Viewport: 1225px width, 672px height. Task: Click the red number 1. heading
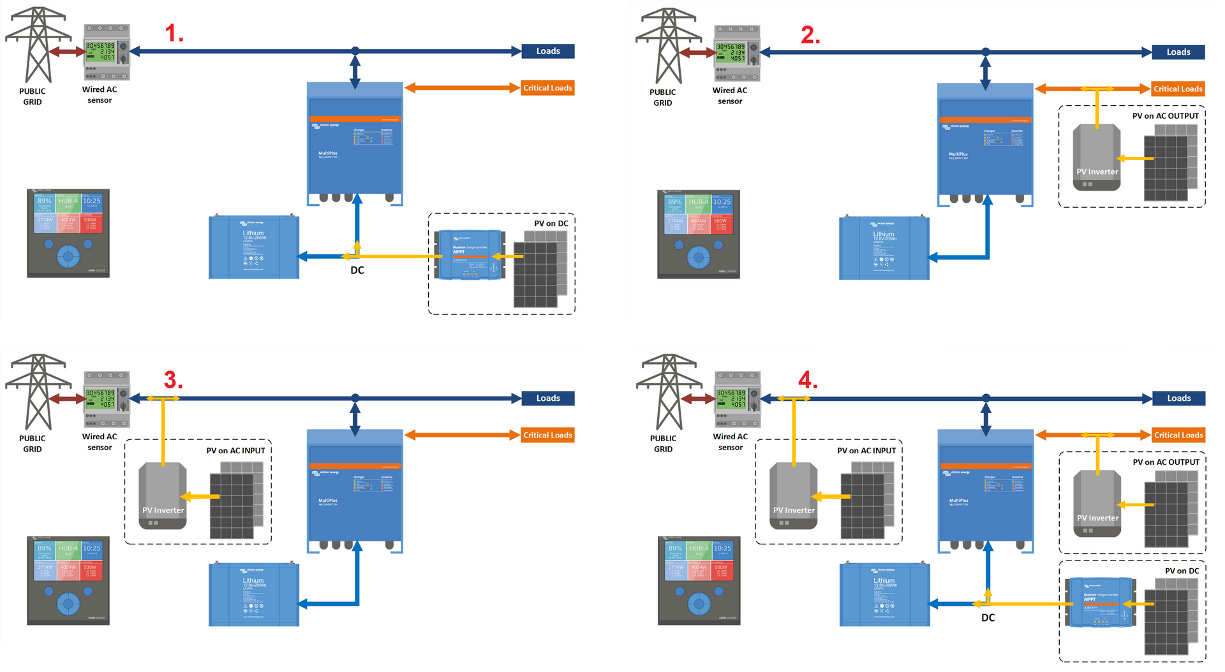click(x=174, y=33)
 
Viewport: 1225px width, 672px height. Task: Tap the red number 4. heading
click(x=807, y=381)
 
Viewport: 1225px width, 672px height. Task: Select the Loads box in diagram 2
click(x=1178, y=52)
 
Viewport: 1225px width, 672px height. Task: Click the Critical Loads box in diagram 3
click(x=547, y=435)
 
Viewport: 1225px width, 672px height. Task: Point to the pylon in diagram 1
click(x=36, y=45)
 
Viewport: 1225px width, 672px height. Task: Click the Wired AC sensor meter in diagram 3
click(x=107, y=399)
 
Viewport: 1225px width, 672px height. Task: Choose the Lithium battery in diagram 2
click(x=884, y=249)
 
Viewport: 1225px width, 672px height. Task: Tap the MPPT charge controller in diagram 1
click(x=470, y=255)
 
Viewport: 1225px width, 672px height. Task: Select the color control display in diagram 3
click(x=68, y=581)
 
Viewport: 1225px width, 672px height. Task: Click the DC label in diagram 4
click(x=988, y=618)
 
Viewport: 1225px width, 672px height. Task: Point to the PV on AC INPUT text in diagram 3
click(x=235, y=451)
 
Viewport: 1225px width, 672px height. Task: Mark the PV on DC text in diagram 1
click(x=551, y=224)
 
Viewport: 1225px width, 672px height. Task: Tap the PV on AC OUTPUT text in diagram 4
click(x=1166, y=462)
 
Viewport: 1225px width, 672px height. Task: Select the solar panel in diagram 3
click(x=236, y=500)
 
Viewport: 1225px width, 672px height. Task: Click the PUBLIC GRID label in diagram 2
click(x=662, y=98)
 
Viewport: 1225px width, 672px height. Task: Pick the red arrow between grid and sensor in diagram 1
click(x=66, y=52)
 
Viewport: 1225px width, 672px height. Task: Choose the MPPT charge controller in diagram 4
click(x=1100, y=602)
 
